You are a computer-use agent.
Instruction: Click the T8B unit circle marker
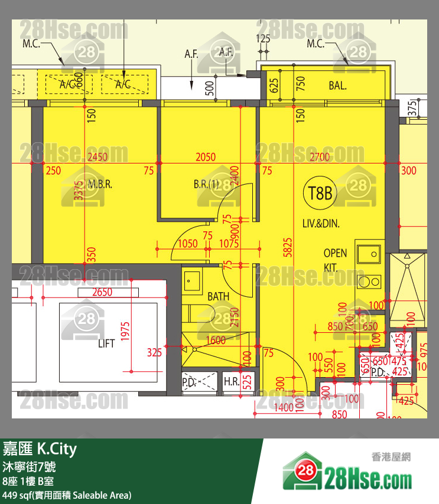[x=320, y=193]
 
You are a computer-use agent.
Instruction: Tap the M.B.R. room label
[x=100, y=184]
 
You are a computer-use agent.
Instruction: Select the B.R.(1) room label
[x=206, y=184]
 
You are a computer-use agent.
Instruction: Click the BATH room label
[x=219, y=297]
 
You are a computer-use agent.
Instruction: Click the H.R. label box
[x=232, y=382]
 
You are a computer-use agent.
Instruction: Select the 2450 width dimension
[x=97, y=157]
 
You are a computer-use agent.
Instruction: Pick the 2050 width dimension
[x=205, y=157]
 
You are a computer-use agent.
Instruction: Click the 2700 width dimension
[x=320, y=157]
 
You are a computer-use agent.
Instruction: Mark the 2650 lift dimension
[x=102, y=293]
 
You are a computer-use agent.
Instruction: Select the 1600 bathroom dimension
[x=216, y=340]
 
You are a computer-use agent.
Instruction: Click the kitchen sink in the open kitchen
[x=370, y=254]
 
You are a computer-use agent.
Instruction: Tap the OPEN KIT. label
[x=335, y=260]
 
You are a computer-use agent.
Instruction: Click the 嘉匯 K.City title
[x=40, y=450]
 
